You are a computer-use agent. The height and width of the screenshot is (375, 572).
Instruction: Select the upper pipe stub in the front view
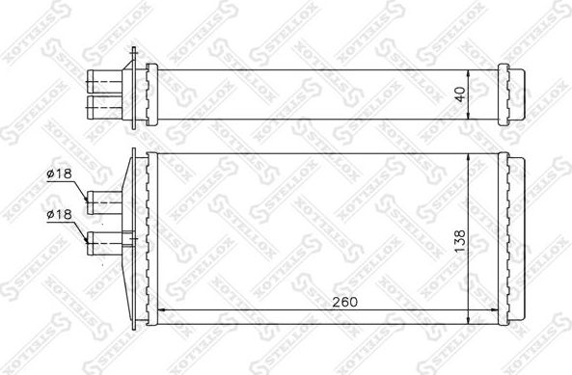[x=104, y=201]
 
